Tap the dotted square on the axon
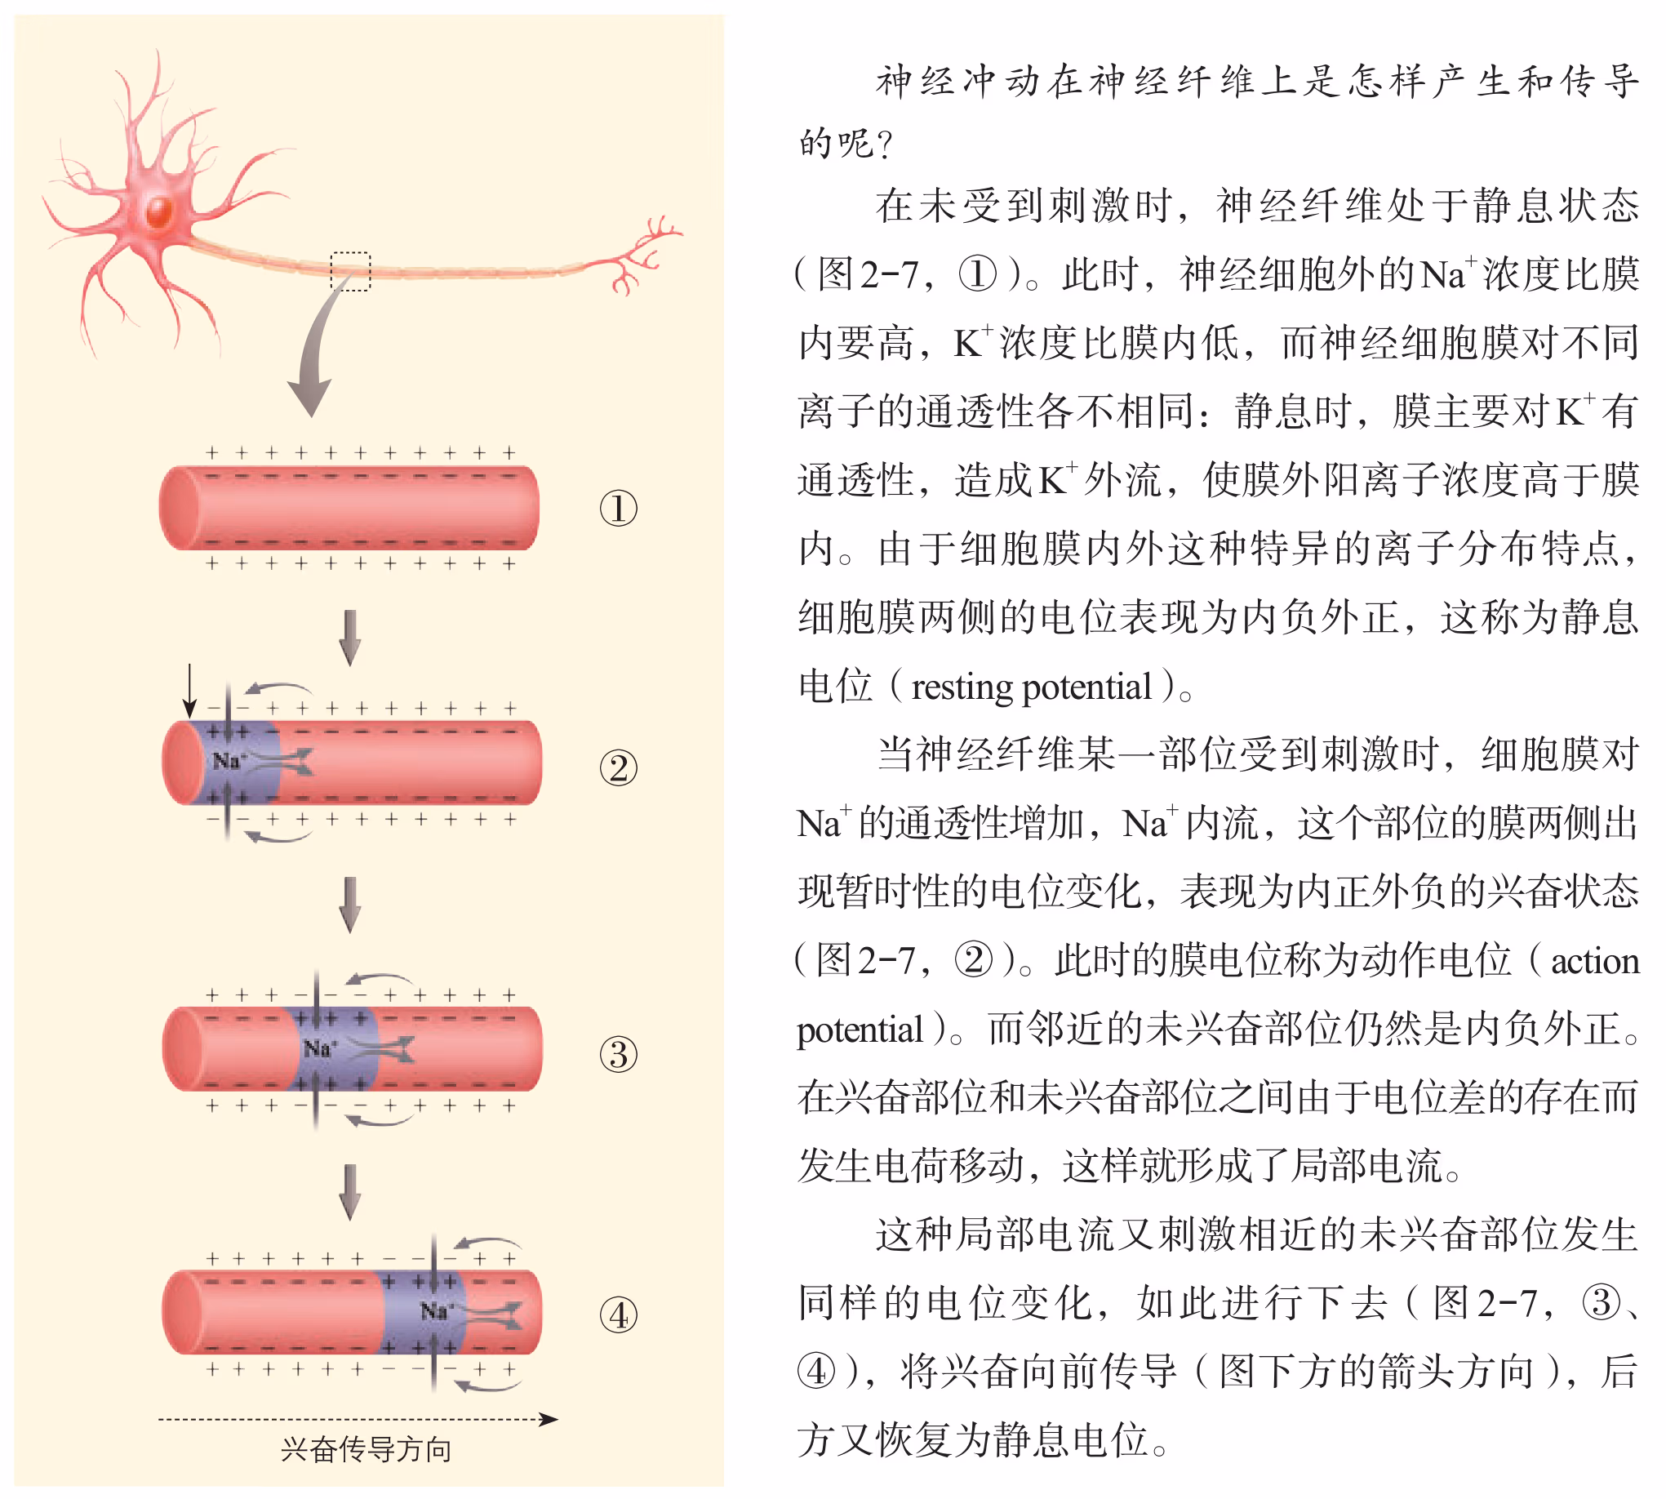pos(350,271)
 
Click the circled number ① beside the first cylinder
pos(619,508)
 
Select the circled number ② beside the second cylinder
pos(619,767)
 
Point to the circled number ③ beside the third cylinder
pos(619,1055)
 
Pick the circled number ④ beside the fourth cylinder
pos(619,1315)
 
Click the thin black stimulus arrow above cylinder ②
pos(190,690)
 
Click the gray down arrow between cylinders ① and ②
pos(350,638)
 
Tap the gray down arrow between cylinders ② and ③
pos(350,905)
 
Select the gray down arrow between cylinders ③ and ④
pos(350,1192)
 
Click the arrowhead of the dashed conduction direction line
pos(549,1419)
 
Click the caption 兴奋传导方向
pos(367,1449)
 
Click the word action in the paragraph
pos(1594,961)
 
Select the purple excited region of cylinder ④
pos(424,1312)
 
